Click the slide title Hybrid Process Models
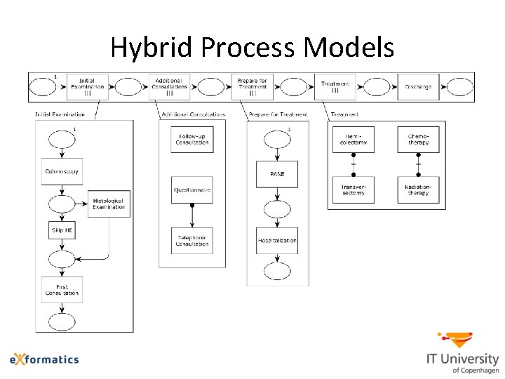tap(252, 48)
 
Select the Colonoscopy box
tap(62, 171)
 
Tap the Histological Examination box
tap(109, 204)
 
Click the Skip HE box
tap(62, 230)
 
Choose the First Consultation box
tap(62, 290)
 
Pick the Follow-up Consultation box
tap(192, 140)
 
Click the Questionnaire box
tap(192, 190)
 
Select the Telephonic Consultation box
tap(192, 241)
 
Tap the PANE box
tap(277, 173)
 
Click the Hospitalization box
tap(277, 241)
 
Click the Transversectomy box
tap(353, 190)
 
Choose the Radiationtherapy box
tap(418, 190)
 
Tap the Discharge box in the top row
tap(418, 87)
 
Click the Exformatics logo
tap(44, 359)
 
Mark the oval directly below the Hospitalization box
tap(277, 271)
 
